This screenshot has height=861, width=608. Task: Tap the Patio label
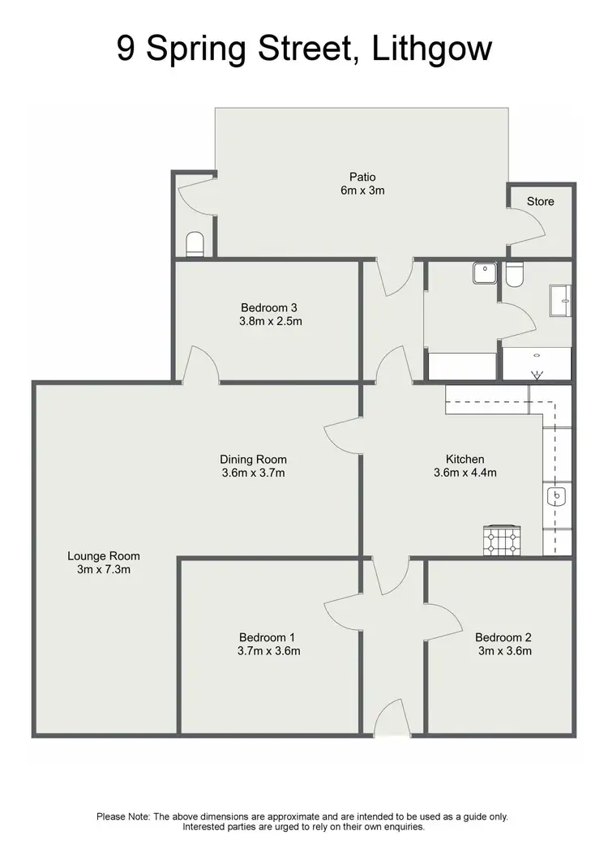coord(362,178)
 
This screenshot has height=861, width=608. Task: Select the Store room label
coord(541,201)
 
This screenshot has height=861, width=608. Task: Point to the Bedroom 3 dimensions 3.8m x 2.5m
coord(269,321)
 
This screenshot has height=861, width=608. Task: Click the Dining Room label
coord(253,460)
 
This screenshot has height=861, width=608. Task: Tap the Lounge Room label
coord(103,556)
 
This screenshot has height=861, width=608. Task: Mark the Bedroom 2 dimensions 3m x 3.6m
coord(503,650)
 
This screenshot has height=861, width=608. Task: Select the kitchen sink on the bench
coord(558,496)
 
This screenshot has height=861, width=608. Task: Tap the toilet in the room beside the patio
coord(195,243)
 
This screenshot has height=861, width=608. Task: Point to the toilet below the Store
coord(514,276)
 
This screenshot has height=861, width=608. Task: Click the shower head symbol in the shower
coord(536,375)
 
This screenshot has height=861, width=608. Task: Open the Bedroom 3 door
coord(201,365)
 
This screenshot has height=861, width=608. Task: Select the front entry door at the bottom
coord(392,721)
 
